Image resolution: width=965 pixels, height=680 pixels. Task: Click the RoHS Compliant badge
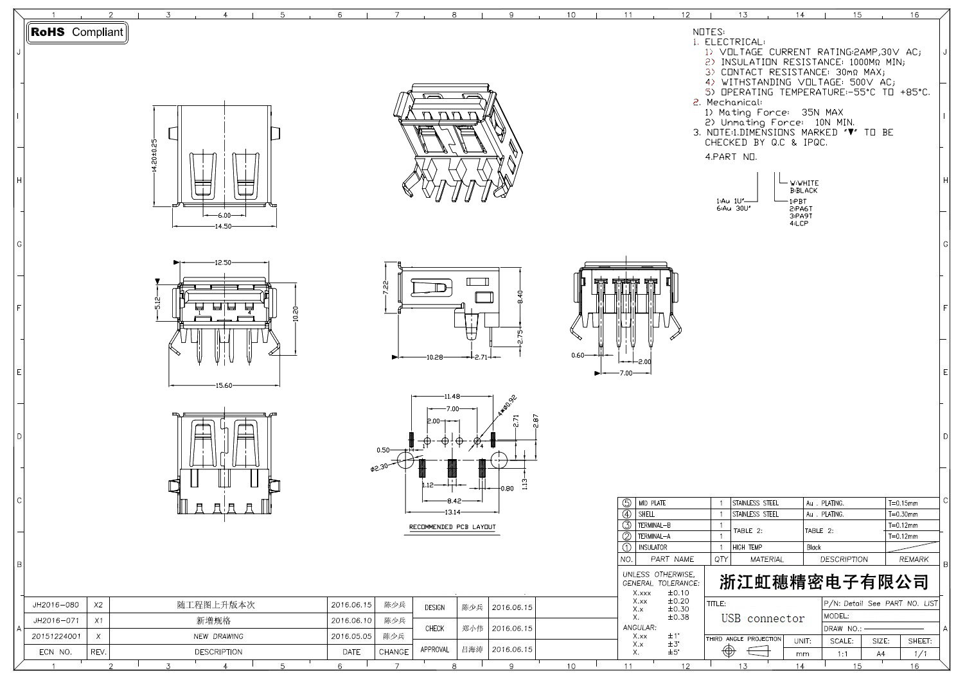(77, 32)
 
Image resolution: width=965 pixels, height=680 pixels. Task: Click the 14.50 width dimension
(223, 226)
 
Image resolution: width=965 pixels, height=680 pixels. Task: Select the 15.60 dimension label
(224, 385)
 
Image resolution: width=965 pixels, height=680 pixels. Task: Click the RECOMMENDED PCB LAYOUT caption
(453, 527)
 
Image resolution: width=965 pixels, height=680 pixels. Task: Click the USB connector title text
(763, 618)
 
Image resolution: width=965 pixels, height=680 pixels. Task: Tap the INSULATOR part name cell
(652, 547)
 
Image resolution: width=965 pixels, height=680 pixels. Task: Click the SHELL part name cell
(646, 514)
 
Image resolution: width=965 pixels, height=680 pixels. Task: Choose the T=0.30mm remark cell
(903, 514)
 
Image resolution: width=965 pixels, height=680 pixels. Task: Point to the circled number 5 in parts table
(626, 503)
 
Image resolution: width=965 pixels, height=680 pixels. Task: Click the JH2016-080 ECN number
(56, 605)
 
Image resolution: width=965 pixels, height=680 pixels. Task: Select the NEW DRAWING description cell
(218, 636)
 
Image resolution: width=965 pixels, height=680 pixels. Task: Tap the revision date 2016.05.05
(351, 636)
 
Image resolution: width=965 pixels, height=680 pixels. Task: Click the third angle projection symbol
(744, 651)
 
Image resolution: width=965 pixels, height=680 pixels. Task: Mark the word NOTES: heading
(709, 31)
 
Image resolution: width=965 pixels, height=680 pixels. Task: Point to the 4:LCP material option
(799, 223)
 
